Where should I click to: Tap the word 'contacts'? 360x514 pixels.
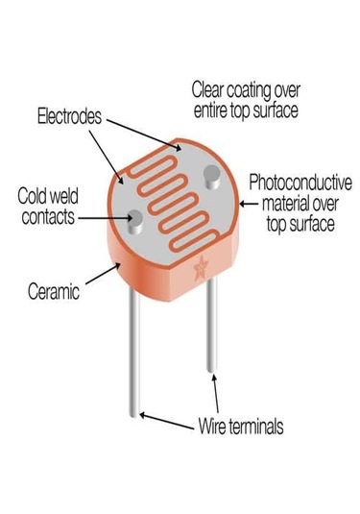(45, 216)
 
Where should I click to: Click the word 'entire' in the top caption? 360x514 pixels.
(211, 110)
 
